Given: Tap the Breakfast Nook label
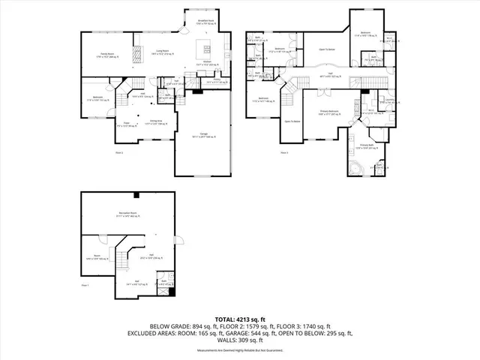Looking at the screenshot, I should pyautogui.click(x=206, y=22).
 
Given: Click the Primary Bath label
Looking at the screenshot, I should pyautogui.click(x=367, y=146).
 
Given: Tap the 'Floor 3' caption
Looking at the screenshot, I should pyautogui.click(x=284, y=153).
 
